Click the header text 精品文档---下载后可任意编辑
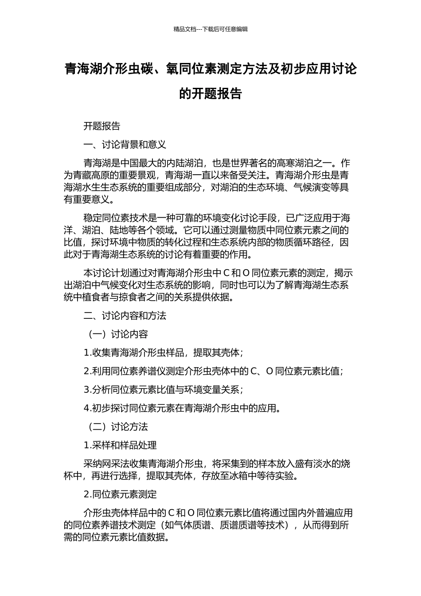tap(210, 29)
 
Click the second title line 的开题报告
tap(210, 94)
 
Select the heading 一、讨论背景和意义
tap(125, 145)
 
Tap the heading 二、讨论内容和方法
tap(125, 316)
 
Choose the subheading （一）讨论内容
tap(116, 334)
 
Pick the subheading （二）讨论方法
tap(116, 427)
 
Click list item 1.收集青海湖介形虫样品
tap(163, 353)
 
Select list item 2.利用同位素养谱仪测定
tap(213, 371)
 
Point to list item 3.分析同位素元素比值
tap(163, 390)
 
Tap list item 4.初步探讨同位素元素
tap(182, 408)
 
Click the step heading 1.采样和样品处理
tap(120, 445)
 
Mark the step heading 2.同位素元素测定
tap(120, 494)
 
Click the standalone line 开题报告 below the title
tap(102, 126)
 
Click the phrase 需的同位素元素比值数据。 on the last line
tap(117, 537)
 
